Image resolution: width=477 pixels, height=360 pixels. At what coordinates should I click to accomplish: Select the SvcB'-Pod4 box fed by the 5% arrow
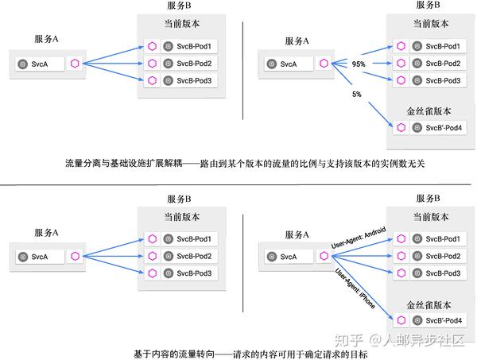click(437, 128)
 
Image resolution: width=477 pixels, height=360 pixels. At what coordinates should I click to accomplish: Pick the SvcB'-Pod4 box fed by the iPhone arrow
click(437, 320)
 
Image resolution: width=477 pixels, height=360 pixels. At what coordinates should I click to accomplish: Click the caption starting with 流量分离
click(246, 164)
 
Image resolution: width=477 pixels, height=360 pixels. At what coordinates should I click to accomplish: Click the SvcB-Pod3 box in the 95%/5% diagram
click(437, 80)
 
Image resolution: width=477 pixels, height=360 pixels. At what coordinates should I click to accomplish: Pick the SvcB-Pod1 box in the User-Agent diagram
click(437, 238)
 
